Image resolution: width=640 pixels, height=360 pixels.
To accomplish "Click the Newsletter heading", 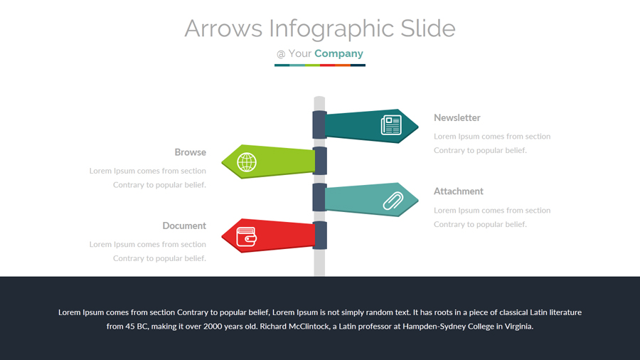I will coord(457,118).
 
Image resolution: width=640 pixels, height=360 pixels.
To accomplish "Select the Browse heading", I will coord(190,152).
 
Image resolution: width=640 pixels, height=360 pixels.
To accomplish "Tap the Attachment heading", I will coord(459,191).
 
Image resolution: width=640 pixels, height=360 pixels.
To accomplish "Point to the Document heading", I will coord(184,226).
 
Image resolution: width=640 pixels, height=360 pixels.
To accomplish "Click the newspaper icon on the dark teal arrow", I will coord(391,125).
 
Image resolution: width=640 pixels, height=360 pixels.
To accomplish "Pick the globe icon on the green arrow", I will coord(247,162).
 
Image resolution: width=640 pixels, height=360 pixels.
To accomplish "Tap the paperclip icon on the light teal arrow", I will coord(393,201).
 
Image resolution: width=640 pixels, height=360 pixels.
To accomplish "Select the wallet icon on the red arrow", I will coord(246,236).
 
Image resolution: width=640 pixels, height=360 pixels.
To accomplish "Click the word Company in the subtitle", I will coord(338,53).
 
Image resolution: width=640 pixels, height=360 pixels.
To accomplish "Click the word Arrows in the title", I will coord(223,28).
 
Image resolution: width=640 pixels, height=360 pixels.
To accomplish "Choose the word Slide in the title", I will coord(427,28).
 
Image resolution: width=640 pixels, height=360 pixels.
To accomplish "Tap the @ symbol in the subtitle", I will coord(281,54).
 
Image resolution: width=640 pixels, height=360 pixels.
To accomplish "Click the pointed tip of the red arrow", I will coord(223,235).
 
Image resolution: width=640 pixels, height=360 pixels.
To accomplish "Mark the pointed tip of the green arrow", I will coord(223,162).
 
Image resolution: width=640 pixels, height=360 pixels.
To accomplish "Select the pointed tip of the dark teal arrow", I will coord(417,127).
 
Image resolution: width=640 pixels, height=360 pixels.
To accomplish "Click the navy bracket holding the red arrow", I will coord(320,235).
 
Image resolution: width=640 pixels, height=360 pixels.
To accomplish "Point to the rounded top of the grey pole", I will coord(319,99).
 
